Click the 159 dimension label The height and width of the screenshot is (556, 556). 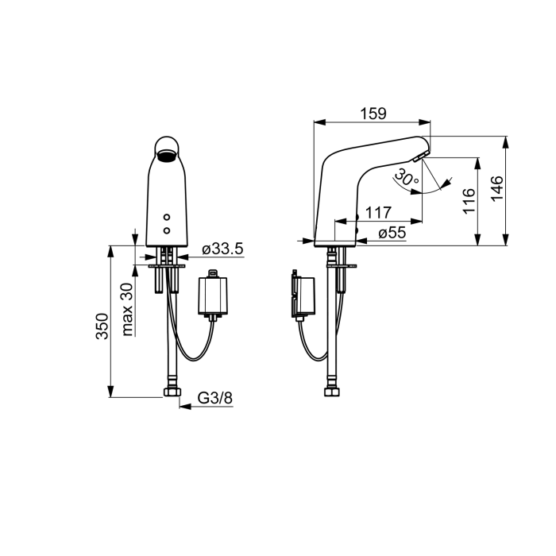[x=373, y=114]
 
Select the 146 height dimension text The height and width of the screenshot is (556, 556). [x=497, y=188]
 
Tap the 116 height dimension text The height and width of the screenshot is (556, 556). [x=469, y=201]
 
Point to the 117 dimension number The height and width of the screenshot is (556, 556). [x=378, y=213]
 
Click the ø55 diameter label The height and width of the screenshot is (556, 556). [x=392, y=233]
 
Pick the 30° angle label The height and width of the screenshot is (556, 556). [x=406, y=177]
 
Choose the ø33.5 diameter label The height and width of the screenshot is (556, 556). [x=222, y=249]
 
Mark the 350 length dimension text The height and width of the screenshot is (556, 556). [x=102, y=326]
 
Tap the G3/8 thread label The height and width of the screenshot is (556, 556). [x=215, y=398]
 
